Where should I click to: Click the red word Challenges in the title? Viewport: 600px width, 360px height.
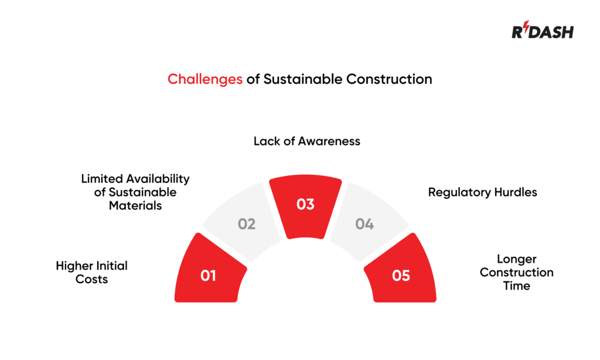[205, 79]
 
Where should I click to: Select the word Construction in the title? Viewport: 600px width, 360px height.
[389, 79]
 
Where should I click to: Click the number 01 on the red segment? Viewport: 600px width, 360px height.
[209, 275]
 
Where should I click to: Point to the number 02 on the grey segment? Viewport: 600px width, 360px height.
[247, 224]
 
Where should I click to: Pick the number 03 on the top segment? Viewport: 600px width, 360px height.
[305, 205]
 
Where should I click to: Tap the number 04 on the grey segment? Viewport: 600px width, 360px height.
[364, 224]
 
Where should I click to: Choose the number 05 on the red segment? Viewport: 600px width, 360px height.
[401, 275]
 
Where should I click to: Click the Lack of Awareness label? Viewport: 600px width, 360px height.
[306, 141]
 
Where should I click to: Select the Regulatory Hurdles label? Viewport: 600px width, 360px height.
[482, 192]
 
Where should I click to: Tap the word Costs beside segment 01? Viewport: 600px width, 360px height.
[92, 280]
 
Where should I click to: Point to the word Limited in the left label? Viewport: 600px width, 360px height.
[102, 179]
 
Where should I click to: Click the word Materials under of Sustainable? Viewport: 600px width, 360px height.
[135, 206]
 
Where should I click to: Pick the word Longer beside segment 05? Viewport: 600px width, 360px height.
[516, 259]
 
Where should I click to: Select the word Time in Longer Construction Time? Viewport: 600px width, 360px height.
[516, 286]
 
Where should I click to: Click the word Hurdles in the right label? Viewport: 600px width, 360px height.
[514, 192]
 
